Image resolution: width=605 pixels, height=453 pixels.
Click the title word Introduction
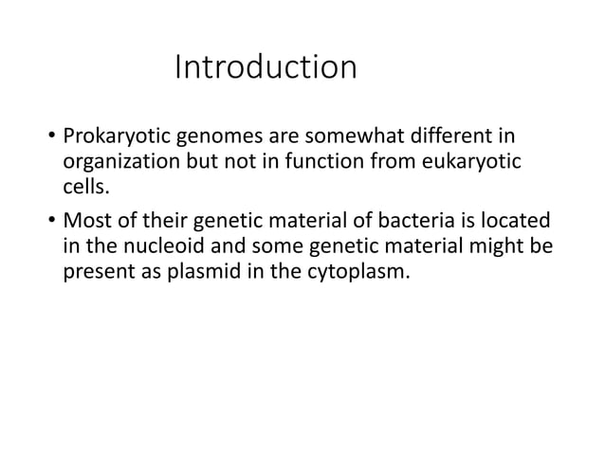pyautogui.click(x=266, y=69)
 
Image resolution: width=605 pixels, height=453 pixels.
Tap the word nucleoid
pyautogui.click(x=159, y=248)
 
